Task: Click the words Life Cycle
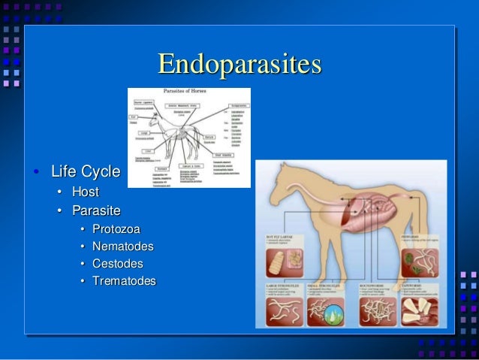(x=85, y=172)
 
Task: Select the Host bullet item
(x=85, y=192)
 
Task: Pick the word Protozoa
(x=116, y=228)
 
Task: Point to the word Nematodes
(x=122, y=246)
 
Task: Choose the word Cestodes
(x=117, y=263)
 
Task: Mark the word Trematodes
(x=124, y=281)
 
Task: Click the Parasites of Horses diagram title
(x=188, y=92)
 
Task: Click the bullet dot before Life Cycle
(x=36, y=173)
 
